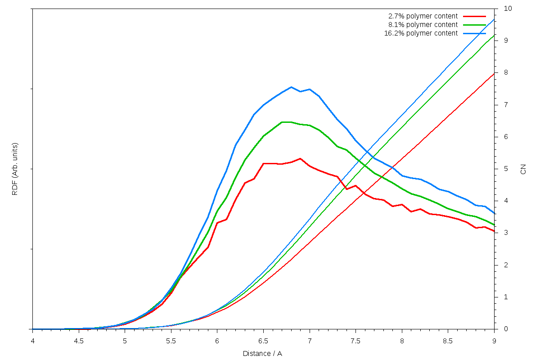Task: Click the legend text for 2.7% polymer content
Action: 423,16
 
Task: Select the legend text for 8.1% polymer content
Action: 423,25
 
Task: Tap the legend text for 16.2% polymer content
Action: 421,33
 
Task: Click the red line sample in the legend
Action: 474,16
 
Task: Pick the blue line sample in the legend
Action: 474,33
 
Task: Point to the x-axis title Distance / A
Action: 262,354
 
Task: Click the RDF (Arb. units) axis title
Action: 15,169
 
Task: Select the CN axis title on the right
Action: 523,169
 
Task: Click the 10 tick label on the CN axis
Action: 508,9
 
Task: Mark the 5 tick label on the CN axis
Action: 506,169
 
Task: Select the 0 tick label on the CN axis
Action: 506,329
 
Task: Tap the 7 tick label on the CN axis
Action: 506,105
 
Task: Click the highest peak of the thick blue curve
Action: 291,87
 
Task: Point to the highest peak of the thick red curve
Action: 300,158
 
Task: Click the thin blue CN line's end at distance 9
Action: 494,19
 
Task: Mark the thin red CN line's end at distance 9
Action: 494,74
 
